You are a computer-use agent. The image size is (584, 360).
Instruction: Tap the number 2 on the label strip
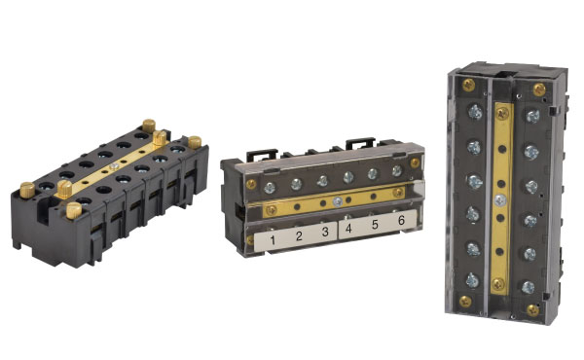[299, 235]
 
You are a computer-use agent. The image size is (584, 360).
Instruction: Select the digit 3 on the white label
[325, 233]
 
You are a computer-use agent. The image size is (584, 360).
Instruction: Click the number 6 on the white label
[398, 223]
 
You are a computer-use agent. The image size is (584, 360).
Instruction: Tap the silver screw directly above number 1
[274, 183]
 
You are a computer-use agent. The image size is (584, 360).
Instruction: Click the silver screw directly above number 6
[396, 171]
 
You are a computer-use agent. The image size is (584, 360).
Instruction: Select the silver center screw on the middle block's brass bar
[336, 201]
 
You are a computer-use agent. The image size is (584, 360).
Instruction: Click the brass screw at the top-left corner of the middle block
[252, 184]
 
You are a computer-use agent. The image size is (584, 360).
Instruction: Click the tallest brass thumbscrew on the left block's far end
[148, 126]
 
